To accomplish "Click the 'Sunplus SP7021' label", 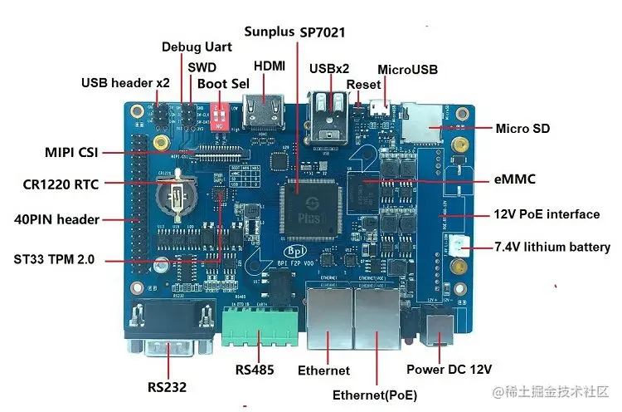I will (x=294, y=32).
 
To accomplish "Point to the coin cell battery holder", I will (x=175, y=199).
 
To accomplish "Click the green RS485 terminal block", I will (x=261, y=332).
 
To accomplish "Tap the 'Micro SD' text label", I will (x=522, y=128).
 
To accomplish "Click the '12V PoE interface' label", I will (x=547, y=214).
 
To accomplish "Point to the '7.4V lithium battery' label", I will (x=552, y=247).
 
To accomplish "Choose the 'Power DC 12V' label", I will (x=449, y=369).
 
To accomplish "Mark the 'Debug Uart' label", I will (x=197, y=47).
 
